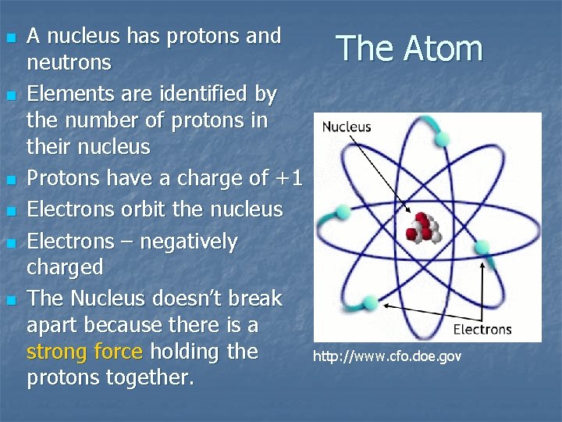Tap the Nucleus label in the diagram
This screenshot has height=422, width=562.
click(x=347, y=127)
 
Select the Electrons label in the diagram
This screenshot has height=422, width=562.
click(x=482, y=329)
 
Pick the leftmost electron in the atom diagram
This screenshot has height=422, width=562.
click(x=341, y=211)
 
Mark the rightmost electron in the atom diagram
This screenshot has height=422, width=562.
click(x=482, y=248)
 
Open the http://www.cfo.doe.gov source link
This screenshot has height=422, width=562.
click(x=387, y=356)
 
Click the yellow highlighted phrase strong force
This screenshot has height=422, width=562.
click(x=84, y=352)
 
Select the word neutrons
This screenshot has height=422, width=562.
click(x=69, y=63)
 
